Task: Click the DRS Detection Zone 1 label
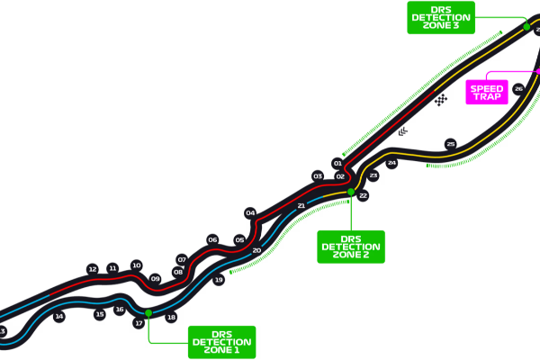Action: (221, 342)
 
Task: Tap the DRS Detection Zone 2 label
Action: (350, 247)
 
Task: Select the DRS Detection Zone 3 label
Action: (440, 17)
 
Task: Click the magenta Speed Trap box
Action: (487, 92)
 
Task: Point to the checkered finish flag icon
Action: (440, 100)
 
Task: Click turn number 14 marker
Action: (59, 316)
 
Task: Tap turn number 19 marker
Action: (219, 280)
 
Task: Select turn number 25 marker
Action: (451, 144)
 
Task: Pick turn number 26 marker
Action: (518, 89)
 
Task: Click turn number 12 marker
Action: (92, 269)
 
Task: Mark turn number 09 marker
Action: (156, 279)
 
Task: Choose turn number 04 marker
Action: (250, 213)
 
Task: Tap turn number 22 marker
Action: (363, 195)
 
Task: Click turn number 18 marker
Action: (171, 317)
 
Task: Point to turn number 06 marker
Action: (212, 239)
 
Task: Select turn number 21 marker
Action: (301, 206)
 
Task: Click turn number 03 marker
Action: (317, 176)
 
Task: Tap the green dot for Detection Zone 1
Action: (148, 312)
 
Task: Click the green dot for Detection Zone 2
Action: (351, 192)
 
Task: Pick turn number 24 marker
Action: (391, 163)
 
